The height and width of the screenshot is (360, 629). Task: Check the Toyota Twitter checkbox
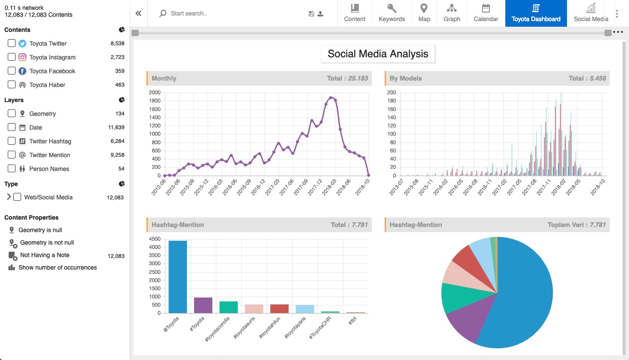(12, 43)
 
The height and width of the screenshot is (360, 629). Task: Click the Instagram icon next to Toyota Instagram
(22, 57)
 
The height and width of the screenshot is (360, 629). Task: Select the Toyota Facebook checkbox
(12, 71)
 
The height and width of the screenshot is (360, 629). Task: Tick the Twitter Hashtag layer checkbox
(12, 141)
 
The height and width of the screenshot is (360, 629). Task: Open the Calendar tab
(486, 13)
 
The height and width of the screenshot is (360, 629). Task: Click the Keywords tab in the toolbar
(392, 13)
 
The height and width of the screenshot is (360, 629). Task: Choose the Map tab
(424, 13)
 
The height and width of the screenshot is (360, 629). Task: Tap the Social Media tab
(591, 13)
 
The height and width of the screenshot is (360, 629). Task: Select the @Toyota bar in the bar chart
(178, 276)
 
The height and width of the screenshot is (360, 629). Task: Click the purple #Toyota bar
(203, 305)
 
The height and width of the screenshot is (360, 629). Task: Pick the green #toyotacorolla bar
(229, 307)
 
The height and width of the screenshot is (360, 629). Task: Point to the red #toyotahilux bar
(280, 309)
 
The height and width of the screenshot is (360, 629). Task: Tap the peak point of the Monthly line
(331, 98)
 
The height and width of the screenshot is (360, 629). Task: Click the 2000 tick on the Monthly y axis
(155, 92)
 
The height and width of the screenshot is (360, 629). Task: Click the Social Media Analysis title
(378, 53)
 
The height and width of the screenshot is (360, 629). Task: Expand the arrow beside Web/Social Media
(9, 197)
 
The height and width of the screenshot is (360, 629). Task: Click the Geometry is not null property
(47, 242)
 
